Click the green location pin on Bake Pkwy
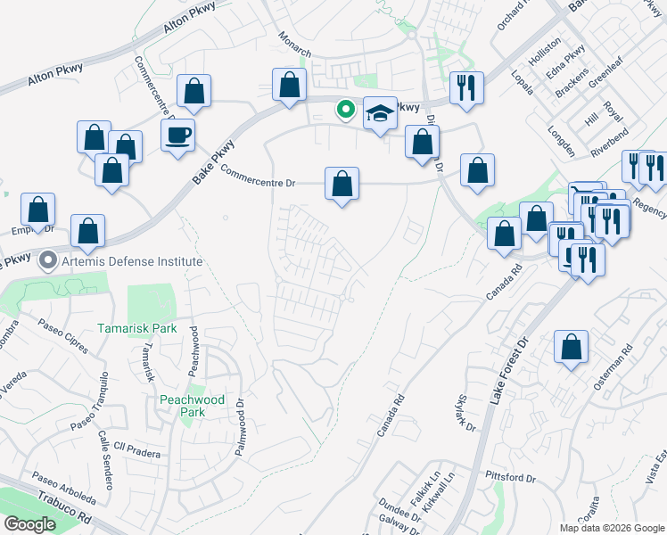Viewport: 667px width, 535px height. [345, 111]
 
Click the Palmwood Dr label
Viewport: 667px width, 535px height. [240, 429]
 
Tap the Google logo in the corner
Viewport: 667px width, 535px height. [29, 524]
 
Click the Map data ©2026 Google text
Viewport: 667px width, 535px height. [612, 528]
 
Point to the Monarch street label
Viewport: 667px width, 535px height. [294, 44]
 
